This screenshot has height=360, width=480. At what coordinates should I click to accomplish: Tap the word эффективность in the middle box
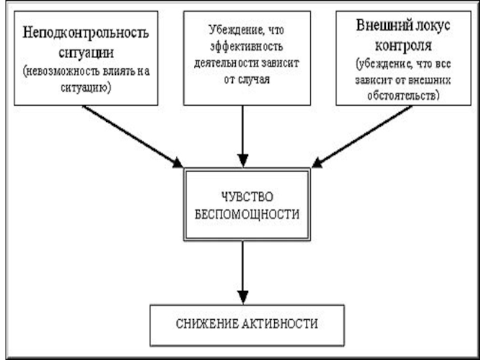click(x=247, y=47)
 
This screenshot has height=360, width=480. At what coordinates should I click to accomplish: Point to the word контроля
click(x=403, y=46)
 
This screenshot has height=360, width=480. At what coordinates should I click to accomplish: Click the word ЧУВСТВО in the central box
click(x=247, y=197)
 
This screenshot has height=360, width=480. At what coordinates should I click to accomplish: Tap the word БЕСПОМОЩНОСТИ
click(x=247, y=214)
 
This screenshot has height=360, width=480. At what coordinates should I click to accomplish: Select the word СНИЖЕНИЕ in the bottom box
click(x=206, y=324)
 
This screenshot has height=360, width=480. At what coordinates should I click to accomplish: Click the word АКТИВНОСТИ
click(x=280, y=324)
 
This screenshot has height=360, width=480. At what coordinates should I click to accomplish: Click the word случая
click(x=253, y=80)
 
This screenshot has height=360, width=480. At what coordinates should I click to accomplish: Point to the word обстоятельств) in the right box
click(x=403, y=96)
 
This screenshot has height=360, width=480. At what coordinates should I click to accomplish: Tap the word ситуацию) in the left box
click(x=86, y=88)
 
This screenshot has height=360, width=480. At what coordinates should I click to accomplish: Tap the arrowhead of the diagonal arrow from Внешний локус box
click(x=317, y=163)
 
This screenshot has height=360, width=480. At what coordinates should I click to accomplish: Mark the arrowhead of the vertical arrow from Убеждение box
click(x=243, y=161)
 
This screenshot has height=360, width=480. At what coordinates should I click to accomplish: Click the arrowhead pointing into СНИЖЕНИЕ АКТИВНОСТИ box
click(x=243, y=298)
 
